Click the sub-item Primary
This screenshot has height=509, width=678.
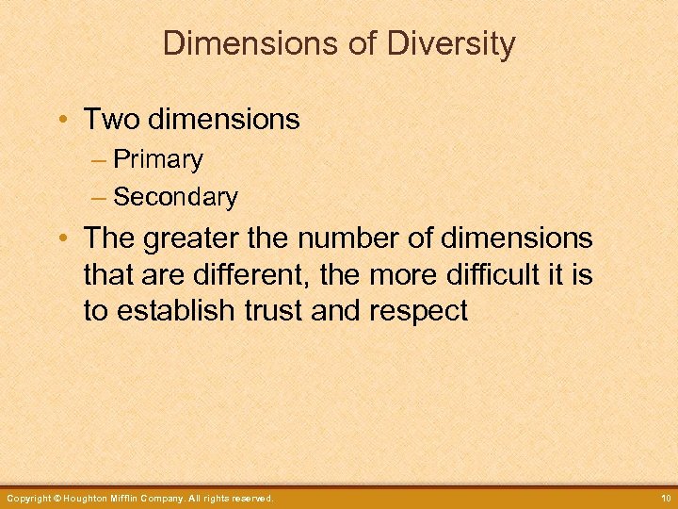157,160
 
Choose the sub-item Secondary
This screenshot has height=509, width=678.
175,197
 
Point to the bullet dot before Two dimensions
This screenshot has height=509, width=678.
61,120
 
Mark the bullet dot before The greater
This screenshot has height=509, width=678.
61,238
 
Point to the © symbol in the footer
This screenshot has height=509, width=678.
56,498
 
